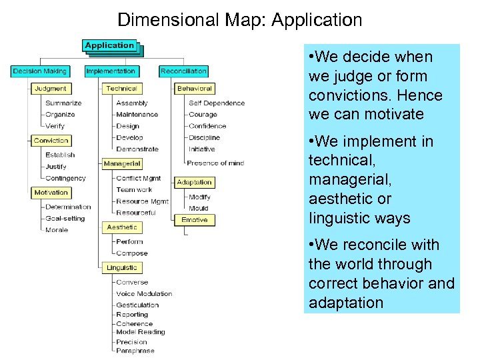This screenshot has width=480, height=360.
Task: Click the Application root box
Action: click(x=110, y=45)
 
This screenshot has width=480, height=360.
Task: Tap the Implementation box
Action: click(x=111, y=71)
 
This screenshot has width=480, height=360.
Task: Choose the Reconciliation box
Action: click(x=183, y=71)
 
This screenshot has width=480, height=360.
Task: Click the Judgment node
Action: click(x=51, y=88)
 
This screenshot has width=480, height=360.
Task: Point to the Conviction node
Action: click(x=51, y=141)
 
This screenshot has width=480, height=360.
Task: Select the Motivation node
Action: click(x=51, y=193)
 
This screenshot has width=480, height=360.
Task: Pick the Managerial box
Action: click(x=122, y=163)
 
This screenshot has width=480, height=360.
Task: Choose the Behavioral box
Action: click(x=194, y=88)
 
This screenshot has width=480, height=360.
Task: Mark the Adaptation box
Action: click(x=194, y=182)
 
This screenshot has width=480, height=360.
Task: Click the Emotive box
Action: click(x=194, y=219)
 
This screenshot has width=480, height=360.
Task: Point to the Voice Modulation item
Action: click(x=144, y=293)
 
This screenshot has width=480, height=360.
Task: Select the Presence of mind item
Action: click(x=215, y=163)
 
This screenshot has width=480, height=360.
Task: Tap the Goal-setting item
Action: click(x=65, y=218)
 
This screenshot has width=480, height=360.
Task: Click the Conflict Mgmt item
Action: click(x=138, y=178)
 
